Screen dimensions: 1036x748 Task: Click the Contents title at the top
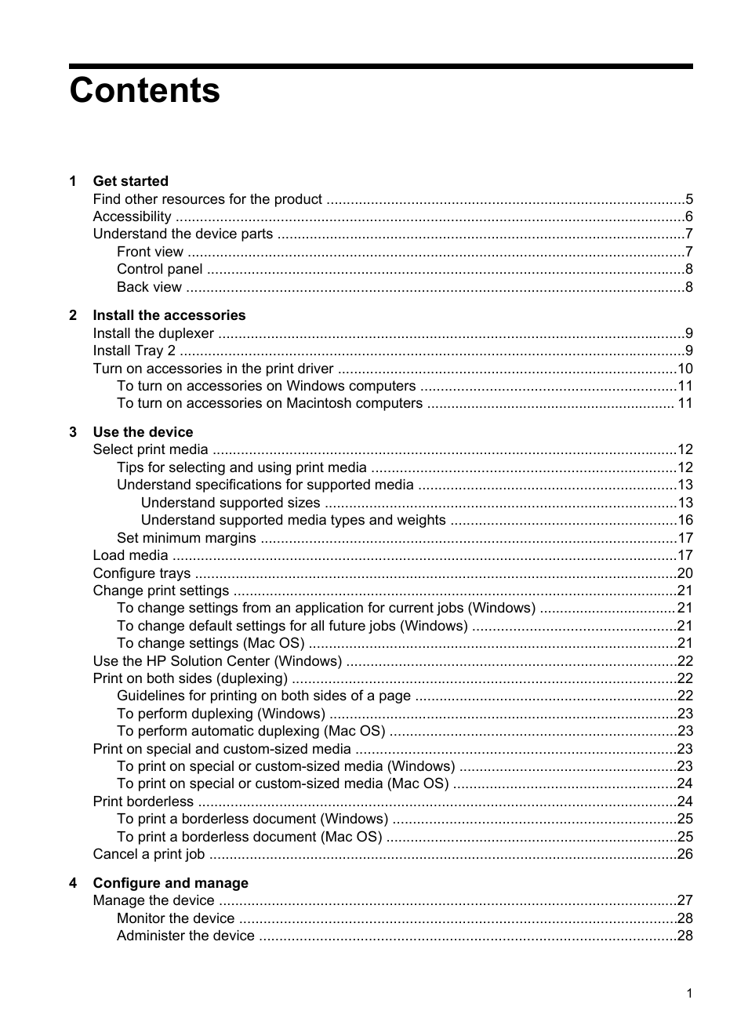tap(144, 91)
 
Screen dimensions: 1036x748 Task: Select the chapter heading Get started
tap(130, 181)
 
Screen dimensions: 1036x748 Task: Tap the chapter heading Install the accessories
tap(169, 315)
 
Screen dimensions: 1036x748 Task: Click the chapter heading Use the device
tap(143, 432)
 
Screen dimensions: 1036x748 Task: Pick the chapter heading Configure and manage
tap(170, 883)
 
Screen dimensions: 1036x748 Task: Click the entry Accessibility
tap(132, 216)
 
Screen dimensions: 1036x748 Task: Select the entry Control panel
tap(159, 269)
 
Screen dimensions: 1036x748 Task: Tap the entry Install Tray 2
tap(134, 351)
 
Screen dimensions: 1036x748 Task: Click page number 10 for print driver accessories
tap(684, 369)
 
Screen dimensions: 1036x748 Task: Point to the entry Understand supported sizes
tap(231, 503)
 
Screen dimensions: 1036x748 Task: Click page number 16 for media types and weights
tap(684, 520)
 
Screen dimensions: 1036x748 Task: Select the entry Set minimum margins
tap(186, 538)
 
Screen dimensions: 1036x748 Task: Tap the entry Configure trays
tap(141, 573)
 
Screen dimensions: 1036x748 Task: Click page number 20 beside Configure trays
tap(684, 573)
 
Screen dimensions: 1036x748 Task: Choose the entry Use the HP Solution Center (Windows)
tap(217, 661)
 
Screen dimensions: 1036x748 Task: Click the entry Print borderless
tap(143, 802)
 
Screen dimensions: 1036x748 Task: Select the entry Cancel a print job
tap(148, 854)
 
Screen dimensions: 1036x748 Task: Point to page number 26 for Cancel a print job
tap(684, 854)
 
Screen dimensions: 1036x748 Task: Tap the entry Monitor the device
tap(176, 918)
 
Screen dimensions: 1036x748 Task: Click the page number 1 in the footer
tap(689, 994)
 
